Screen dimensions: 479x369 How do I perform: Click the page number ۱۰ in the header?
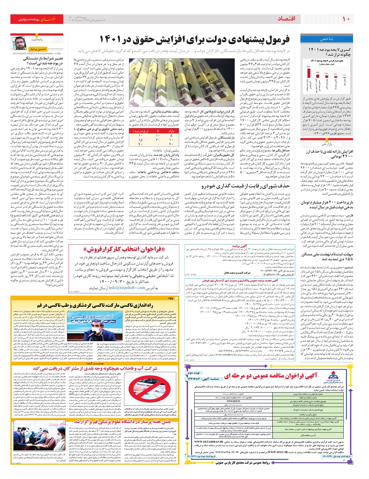click(x=346, y=19)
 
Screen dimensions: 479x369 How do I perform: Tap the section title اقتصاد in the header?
click(x=287, y=19)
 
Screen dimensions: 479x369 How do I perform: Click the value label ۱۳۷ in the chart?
click(x=317, y=73)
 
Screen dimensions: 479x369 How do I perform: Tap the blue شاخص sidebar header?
click(x=327, y=39)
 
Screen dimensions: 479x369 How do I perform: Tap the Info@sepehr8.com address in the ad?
click(x=127, y=288)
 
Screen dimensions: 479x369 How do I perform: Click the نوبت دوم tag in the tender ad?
click(x=194, y=373)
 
